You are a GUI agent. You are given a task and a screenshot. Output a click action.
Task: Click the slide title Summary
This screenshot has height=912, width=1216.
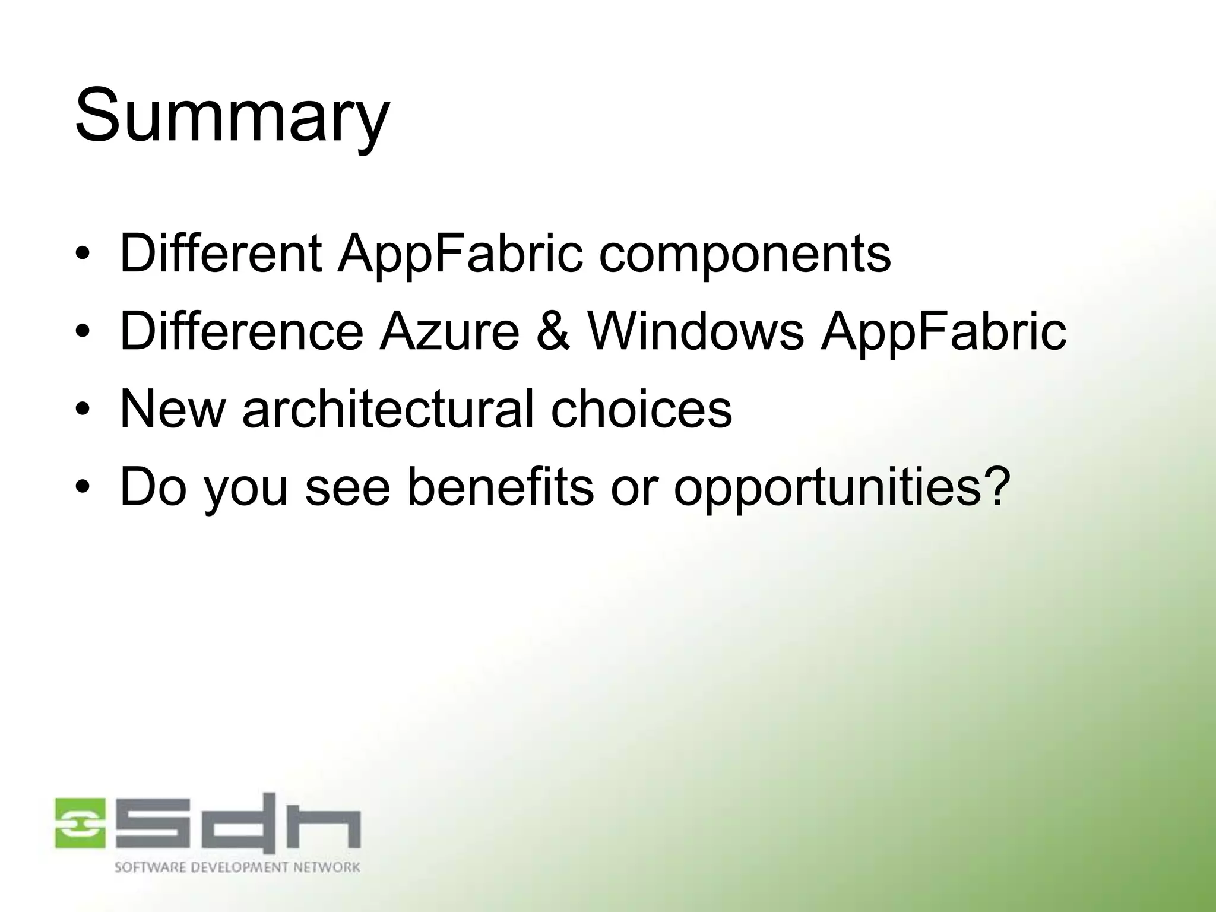pos(232,116)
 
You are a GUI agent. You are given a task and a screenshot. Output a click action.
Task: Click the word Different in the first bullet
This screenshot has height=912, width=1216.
pos(220,254)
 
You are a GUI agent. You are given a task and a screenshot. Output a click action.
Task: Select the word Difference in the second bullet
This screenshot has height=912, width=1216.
pos(242,331)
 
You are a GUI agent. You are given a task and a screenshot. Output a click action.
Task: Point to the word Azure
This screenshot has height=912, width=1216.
pos(449,331)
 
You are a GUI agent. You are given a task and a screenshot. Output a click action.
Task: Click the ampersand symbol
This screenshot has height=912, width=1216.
pos(553,331)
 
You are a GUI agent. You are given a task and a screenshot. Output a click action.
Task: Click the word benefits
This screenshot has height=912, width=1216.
pos(500,487)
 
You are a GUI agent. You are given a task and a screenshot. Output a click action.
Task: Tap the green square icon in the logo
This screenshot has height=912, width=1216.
pos(80,822)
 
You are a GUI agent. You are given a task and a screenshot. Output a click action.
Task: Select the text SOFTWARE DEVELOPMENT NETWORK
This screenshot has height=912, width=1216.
pos(237,867)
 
